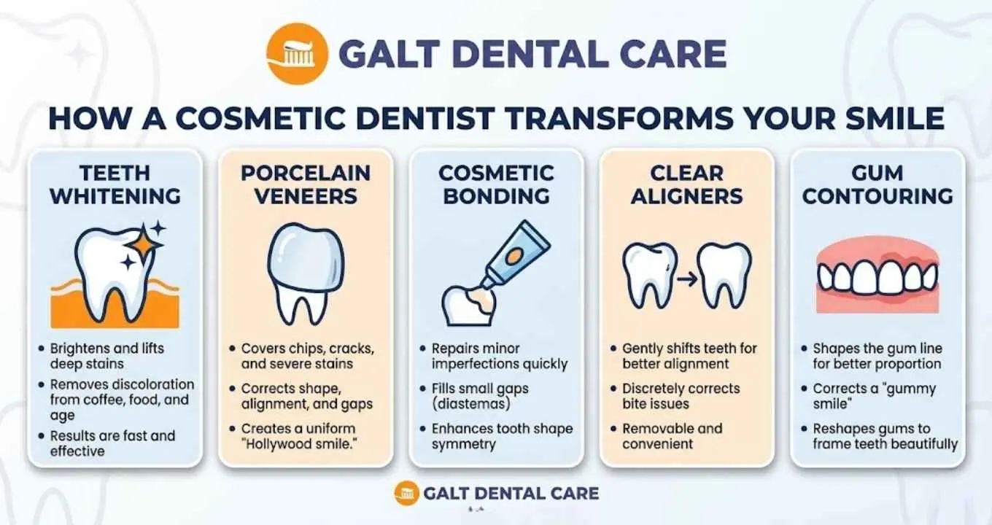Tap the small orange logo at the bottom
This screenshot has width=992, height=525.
[406, 494]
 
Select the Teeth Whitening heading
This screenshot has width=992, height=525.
[115, 184]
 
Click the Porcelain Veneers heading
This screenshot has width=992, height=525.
[306, 184]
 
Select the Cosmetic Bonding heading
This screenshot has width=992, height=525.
[495, 184]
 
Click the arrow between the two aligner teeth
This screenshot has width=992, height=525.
[686, 277]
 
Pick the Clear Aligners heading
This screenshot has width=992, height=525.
[686, 184]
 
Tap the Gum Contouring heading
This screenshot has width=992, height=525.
[877, 184]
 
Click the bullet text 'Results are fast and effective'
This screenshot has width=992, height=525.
[112, 443]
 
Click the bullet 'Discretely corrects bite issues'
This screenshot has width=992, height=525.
[681, 396]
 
